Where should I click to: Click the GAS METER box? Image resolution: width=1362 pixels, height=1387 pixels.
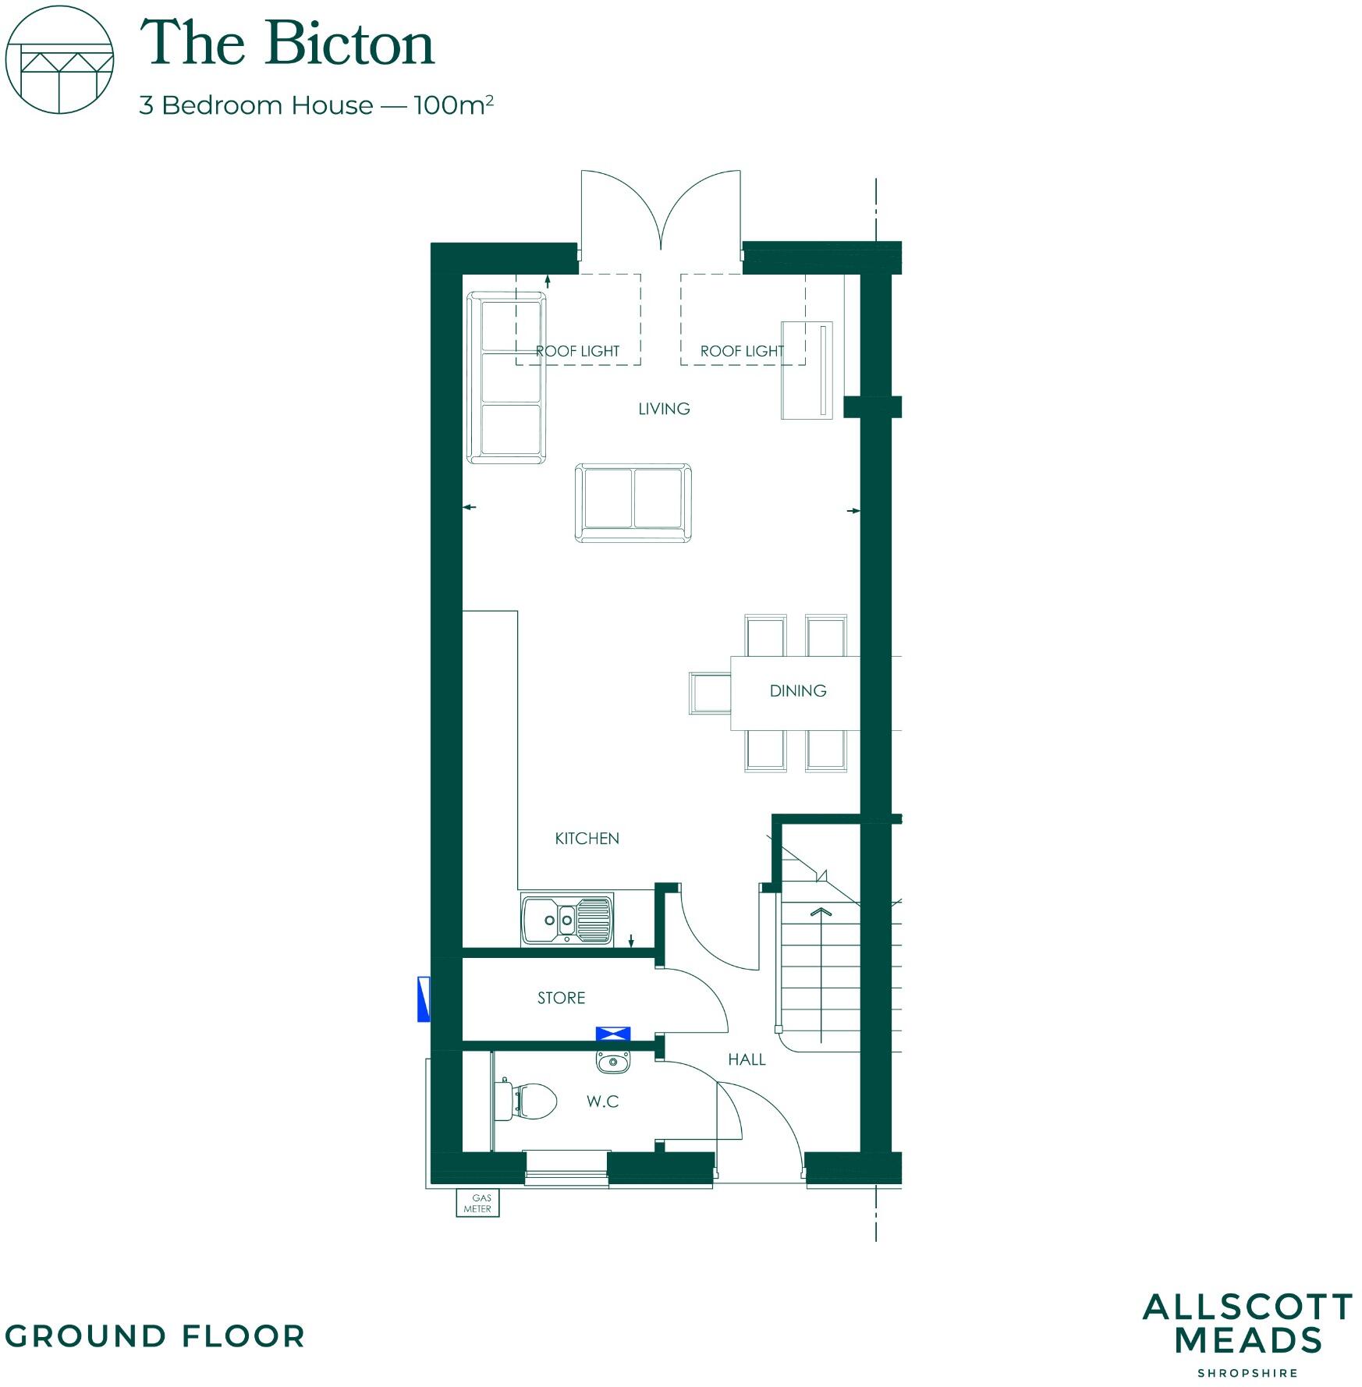pyautogui.click(x=477, y=1203)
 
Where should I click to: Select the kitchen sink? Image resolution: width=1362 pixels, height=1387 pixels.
pyautogui.click(x=567, y=920)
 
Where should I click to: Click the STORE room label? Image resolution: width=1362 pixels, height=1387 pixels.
pyautogui.click(x=561, y=998)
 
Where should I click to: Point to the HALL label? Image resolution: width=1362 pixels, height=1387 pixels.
pyautogui.click(x=747, y=1059)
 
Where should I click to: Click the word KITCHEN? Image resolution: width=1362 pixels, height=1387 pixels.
pyautogui.click(x=587, y=839)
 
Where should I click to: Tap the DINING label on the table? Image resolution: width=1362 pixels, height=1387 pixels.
pyautogui.click(x=797, y=691)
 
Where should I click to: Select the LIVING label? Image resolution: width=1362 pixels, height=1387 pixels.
pyautogui.click(x=664, y=409)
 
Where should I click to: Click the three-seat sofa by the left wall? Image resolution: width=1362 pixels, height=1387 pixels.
pyautogui.click(x=506, y=378)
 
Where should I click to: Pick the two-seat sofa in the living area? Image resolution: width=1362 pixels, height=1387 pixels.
pyautogui.click(x=633, y=502)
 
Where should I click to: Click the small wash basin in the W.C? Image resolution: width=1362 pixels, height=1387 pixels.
pyautogui.click(x=613, y=1061)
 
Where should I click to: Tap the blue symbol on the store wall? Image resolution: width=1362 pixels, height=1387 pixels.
pyautogui.click(x=613, y=1034)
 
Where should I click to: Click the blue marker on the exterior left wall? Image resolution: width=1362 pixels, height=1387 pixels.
pyautogui.click(x=424, y=999)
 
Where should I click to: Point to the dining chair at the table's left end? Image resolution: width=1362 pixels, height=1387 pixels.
pyautogui.click(x=709, y=693)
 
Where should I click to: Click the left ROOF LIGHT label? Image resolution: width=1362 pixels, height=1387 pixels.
pyautogui.click(x=577, y=351)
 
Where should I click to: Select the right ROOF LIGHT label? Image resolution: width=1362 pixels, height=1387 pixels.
pyautogui.click(x=741, y=351)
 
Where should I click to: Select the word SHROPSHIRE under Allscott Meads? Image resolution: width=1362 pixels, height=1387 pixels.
pyautogui.click(x=1247, y=1372)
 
